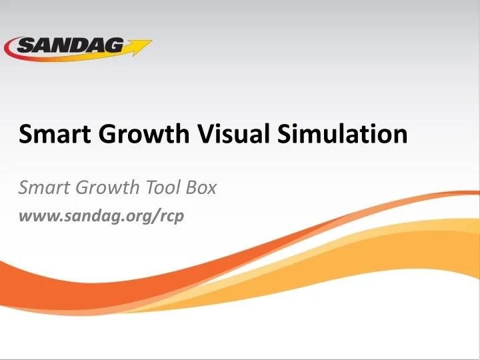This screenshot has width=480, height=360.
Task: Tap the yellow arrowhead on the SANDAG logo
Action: (x=141, y=47)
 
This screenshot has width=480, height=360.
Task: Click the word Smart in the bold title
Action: (x=51, y=135)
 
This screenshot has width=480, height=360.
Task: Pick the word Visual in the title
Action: (x=233, y=135)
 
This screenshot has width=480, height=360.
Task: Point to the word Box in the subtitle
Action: (x=201, y=188)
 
